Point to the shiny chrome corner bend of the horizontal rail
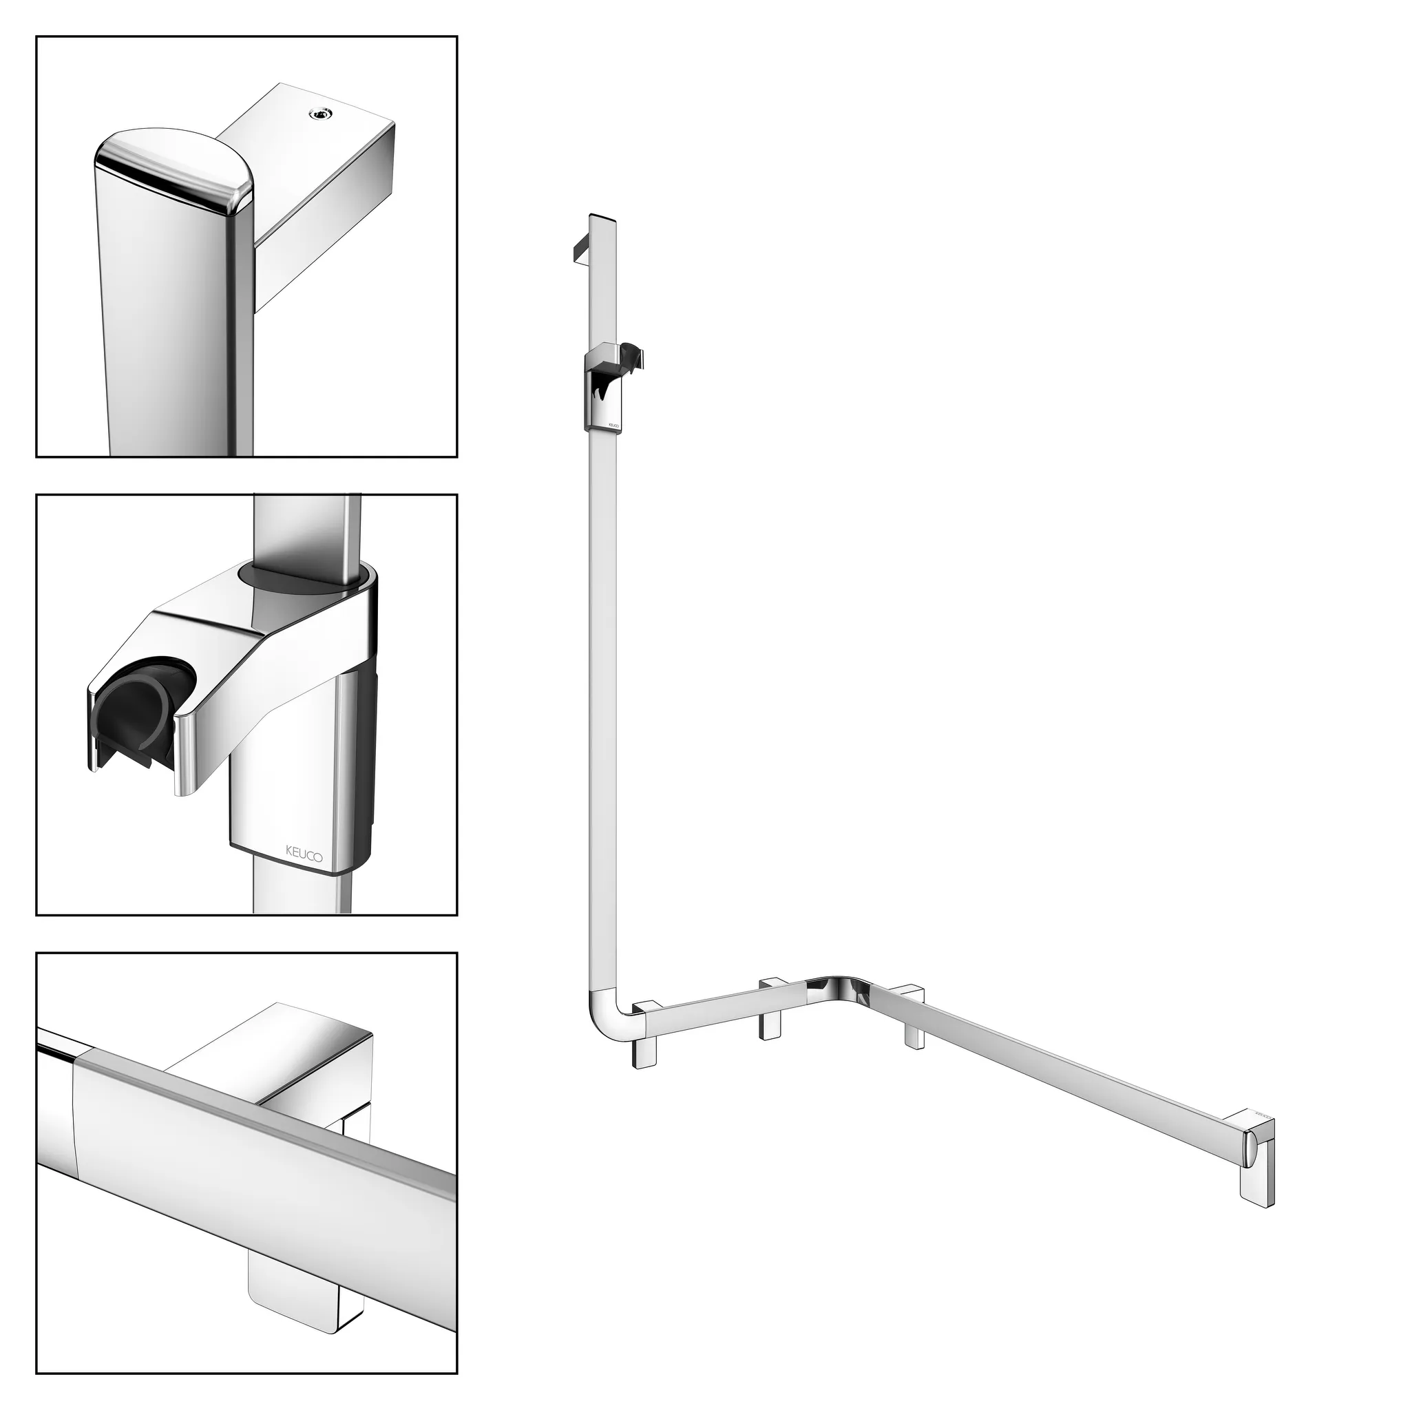(839, 985)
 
